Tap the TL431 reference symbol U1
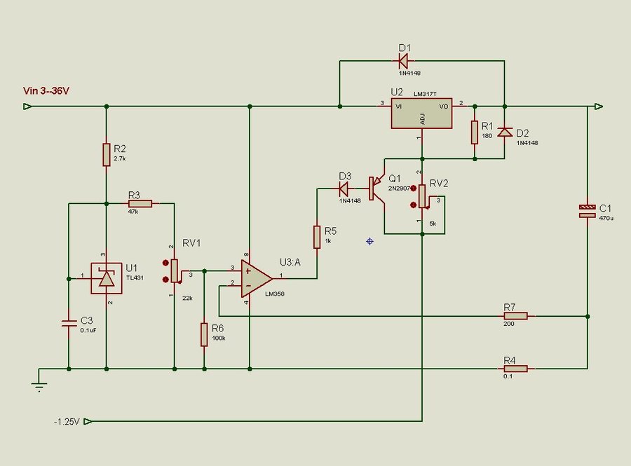coord(106,278)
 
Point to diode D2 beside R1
coord(503,132)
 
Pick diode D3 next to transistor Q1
coord(344,189)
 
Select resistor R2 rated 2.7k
coord(106,153)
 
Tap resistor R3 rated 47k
coord(139,203)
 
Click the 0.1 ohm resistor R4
coord(515,368)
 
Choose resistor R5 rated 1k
coord(317,235)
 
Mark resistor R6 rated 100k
coord(204,334)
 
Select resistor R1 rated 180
coord(475,131)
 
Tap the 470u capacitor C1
coord(587,211)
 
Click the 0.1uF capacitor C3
coord(69,323)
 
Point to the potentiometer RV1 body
coord(174,270)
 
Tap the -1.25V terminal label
coord(67,422)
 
